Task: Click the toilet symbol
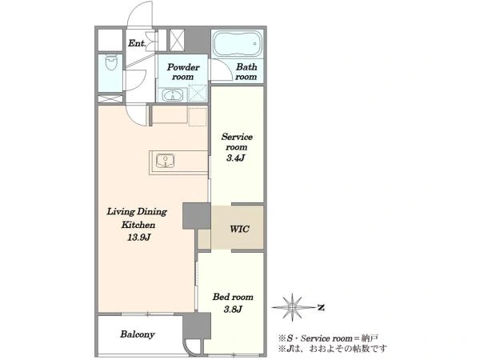pyautogui.click(x=111, y=62)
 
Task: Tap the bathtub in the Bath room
pyautogui.click(x=238, y=43)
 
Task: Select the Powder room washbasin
pyautogui.click(x=172, y=95)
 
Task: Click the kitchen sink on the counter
pyautogui.click(x=165, y=161)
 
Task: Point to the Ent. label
pyautogui.click(x=137, y=43)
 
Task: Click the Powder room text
pyautogui.click(x=182, y=72)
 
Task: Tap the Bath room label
pyautogui.click(x=246, y=71)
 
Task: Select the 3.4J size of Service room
pyautogui.click(x=236, y=158)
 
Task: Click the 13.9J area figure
pyautogui.click(x=138, y=237)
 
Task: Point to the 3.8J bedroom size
pyautogui.click(x=233, y=309)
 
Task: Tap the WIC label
pyautogui.click(x=239, y=229)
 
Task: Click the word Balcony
pyautogui.click(x=137, y=334)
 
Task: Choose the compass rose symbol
pyautogui.click(x=293, y=307)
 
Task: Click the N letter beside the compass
pyautogui.click(x=321, y=307)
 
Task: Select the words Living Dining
pyautogui.click(x=137, y=211)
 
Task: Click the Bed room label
pyautogui.click(x=233, y=297)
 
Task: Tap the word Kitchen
pyautogui.click(x=138, y=225)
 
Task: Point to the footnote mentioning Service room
pyautogui.click(x=329, y=338)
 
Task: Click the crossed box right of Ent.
pyautogui.click(x=177, y=40)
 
